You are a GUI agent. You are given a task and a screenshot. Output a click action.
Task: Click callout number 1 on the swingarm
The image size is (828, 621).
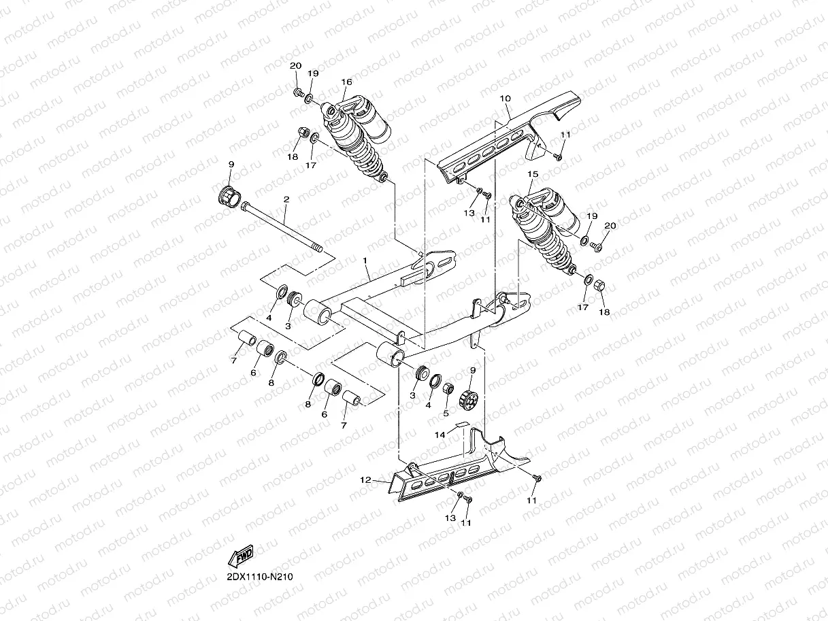(365, 261)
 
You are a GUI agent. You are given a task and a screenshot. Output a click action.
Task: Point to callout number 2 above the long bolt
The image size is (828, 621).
(286, 200)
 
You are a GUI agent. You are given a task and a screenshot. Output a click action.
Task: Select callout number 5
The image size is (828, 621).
(446, 412)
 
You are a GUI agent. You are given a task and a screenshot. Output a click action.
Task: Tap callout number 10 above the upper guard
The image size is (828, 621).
(505, 99)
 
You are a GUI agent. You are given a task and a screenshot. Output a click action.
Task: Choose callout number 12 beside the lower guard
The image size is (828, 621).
(366, 480)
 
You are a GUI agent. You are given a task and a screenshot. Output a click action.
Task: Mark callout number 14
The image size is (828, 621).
(440, 433)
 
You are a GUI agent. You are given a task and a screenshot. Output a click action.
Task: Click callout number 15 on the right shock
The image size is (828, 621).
(533, 175)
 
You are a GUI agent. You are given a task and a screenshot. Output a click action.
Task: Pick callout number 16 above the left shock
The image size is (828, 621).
(347, 82)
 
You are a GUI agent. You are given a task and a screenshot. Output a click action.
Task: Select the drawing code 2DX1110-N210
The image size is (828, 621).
(260, 577)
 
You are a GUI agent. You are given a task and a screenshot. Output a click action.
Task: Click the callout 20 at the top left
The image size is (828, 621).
(295, 66)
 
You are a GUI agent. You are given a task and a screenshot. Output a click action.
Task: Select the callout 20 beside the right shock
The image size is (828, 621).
(610, 225)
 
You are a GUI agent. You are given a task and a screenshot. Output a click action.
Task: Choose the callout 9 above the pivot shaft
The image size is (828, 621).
(231, 165)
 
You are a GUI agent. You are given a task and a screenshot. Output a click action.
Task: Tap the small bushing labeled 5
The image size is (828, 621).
(449, 390)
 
